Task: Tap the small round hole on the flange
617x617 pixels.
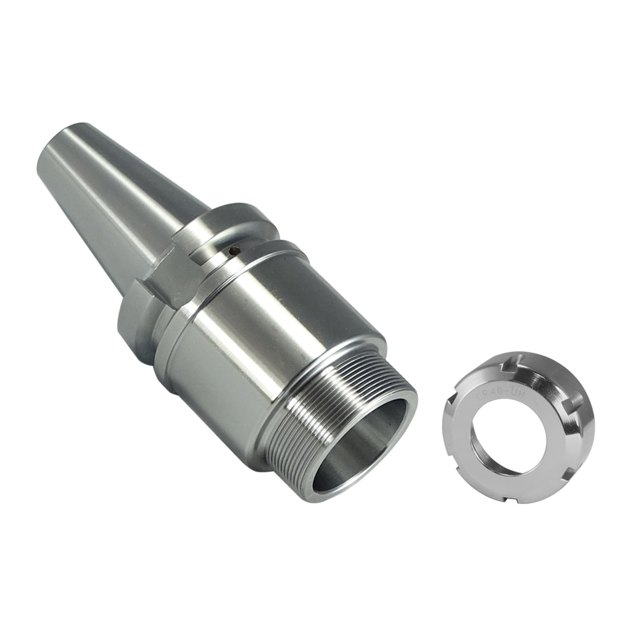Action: click(x=233, y=251)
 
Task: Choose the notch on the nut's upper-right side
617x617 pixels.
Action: click(x=571, y=404)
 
